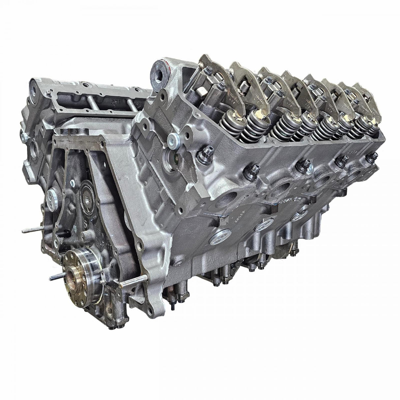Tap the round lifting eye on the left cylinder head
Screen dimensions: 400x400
pos(35,87)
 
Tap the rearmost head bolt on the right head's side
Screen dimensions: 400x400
pos(370,158)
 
